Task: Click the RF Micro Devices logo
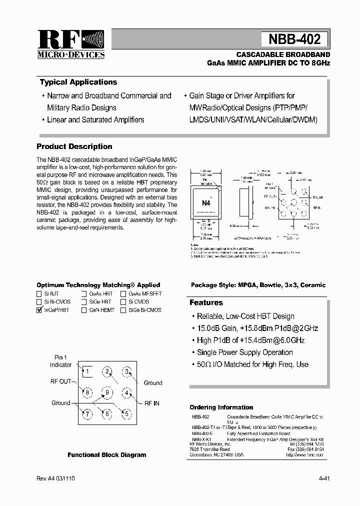point(71,44)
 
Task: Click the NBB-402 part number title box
point(294,38)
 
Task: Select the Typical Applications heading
point(78,82)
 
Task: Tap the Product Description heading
point(74,146)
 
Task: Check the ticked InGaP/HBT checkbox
point(39,310)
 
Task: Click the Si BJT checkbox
point(39,294)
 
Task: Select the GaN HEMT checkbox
point(84,310)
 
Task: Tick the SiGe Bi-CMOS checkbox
point(123,310)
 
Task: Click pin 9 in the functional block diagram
point(107,392)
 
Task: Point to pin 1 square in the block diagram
point(86,371)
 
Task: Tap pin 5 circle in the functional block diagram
point(127,413)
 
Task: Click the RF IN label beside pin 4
point(152,403)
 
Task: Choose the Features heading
point(206,302)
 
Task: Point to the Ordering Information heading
point(221,407)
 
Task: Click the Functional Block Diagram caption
point(107,455)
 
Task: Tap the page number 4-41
point(323,478)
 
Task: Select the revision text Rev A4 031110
point(56,478)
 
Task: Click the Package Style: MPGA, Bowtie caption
point(258,285)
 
